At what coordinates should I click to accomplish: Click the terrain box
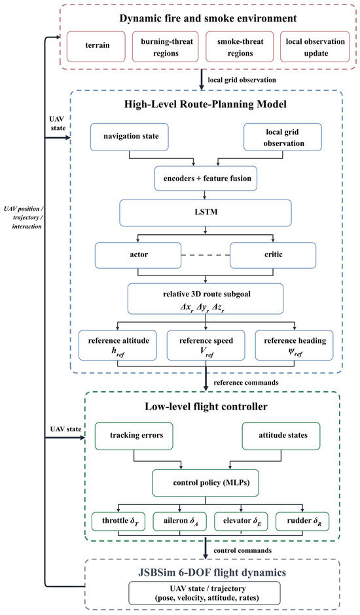tap(96, 46)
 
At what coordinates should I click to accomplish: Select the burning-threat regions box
tap(166, 46)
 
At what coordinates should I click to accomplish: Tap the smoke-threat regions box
tap(240, 46)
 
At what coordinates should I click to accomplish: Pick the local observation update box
tap(315, 46)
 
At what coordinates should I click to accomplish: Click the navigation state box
tap(130, 137)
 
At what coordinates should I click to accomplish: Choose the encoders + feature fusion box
tap(206, 179)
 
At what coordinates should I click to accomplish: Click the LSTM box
tap(206, 213)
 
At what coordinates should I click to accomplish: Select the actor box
tap(138, 255)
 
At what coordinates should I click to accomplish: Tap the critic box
tap(273, 255)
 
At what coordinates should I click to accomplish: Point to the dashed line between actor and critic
tap(206, 255)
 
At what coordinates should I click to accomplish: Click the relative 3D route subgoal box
tap(206, 299)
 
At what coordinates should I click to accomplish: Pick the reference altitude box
tap(118, 345)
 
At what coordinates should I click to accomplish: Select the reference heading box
tap(295, 345)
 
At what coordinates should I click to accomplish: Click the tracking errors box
tap(134, 436)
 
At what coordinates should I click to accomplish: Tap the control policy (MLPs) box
tap(206, 483)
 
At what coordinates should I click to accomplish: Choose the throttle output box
tap(118, 521)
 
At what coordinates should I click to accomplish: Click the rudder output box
tap(302, 521)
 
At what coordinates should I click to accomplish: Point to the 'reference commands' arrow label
tap(246, 383)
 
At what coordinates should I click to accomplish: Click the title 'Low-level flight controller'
tap(206, 406)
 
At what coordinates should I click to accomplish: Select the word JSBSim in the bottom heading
tap(156, 572)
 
